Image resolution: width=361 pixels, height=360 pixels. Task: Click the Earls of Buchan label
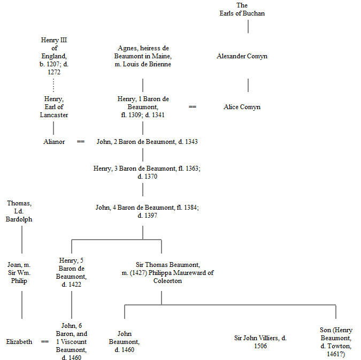click(242, 9)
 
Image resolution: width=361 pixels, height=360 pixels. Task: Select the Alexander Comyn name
click(242, 56)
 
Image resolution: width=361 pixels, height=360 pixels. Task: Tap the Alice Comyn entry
click(242, 107)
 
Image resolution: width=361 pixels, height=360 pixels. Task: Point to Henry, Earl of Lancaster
click(53, 107)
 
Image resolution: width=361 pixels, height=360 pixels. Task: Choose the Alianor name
click(53, 142)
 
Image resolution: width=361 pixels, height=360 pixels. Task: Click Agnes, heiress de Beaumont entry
click(143, 56)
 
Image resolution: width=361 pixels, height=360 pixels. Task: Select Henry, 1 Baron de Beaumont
click(143, 107)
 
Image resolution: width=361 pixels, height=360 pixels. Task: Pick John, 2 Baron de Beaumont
click(147, 142)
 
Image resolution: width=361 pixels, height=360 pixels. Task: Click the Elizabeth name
click(19, 342)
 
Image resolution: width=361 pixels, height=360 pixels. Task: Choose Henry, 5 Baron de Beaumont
click(71, 273)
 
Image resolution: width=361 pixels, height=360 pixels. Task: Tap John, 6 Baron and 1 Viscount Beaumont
click(71, 342)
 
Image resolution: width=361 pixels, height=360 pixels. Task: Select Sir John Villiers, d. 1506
click(260, 342)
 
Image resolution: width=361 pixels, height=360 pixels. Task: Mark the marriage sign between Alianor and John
click(81, 142)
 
